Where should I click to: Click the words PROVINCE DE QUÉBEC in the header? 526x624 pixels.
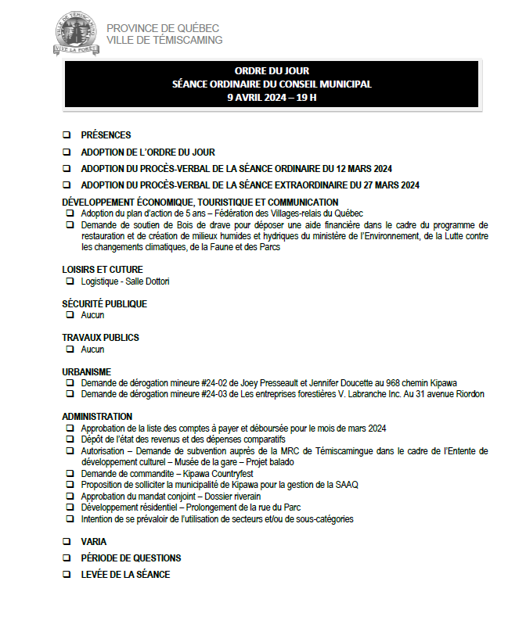pos(163,29)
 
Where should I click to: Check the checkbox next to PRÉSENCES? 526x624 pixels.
pos(67,135)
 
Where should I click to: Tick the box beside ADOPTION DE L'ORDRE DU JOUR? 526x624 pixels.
pos(67,152)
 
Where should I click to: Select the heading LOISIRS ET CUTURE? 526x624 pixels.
pos(103,270)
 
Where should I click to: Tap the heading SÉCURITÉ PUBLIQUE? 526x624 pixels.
pos(104,304)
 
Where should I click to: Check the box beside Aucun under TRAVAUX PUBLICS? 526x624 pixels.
pos(70,350)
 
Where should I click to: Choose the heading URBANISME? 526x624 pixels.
pos(86,371)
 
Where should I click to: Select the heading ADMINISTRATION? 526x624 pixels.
pos(97,417)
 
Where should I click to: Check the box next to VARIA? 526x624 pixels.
pos(67,541)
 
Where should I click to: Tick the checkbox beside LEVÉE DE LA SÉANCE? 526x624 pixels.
pos(67,575)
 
